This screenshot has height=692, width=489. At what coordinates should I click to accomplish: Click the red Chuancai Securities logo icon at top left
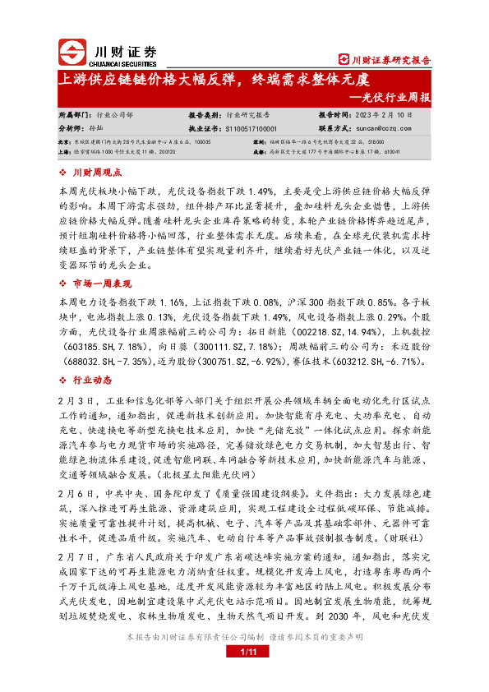[x=74, y=55]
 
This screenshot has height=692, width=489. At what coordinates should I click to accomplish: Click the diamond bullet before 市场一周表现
[x=65, y=284]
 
